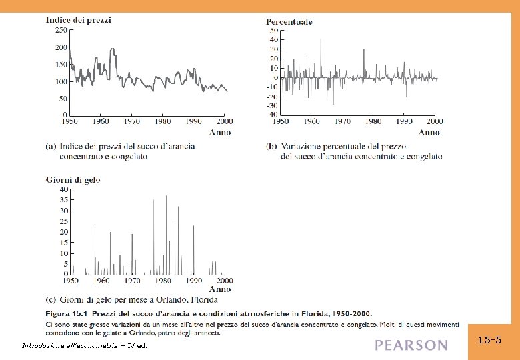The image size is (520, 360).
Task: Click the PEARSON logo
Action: (411, 345)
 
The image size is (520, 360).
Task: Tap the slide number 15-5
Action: (490, 340)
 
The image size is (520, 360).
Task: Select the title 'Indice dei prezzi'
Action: (78, 20)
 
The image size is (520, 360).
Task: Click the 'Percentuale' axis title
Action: (289, 22)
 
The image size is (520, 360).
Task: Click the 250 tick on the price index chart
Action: (61, 30)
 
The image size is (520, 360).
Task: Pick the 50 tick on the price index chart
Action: (63, 99)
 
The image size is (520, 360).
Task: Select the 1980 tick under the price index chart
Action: (163, 121)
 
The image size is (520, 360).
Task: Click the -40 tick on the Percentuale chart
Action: (273, 115)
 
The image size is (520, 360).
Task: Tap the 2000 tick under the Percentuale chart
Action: (434, 121)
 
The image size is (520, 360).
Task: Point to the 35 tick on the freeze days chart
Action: (63, 199)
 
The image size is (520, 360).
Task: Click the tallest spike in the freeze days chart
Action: (166, 196)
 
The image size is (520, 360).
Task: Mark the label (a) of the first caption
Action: (51, 147)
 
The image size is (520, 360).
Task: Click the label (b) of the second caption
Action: (271, 147)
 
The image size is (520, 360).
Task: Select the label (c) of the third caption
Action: (51, 299)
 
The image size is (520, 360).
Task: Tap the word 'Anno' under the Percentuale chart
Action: (429, 132)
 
